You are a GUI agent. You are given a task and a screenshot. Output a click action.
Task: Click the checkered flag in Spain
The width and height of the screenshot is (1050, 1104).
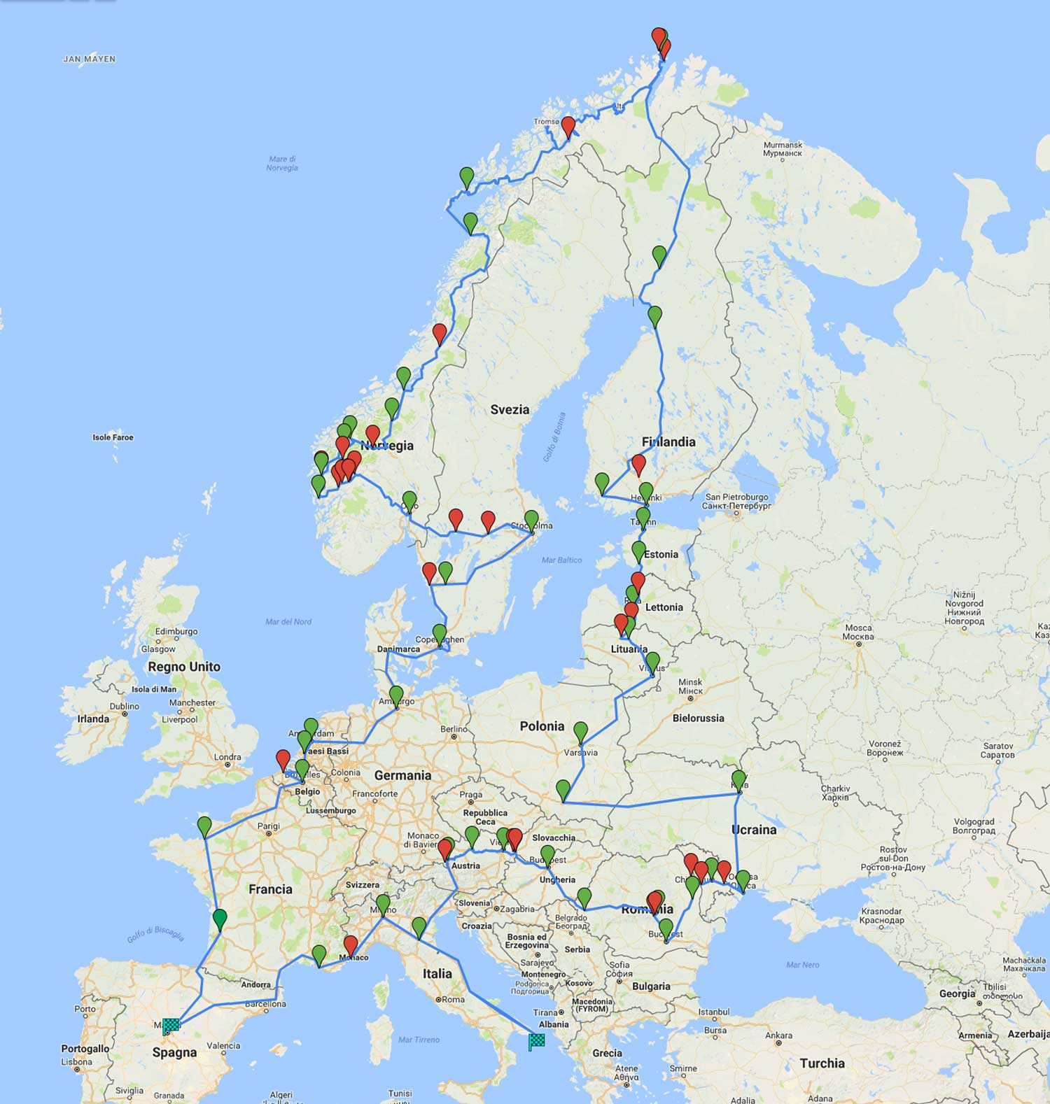coord(171,1026)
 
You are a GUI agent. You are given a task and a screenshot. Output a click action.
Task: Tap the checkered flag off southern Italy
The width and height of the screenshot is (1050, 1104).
coord(536,1042)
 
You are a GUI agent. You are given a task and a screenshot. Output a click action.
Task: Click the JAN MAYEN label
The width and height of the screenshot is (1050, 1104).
coord(90,59)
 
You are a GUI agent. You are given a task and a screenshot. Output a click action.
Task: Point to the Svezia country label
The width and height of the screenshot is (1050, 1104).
coord(510,409)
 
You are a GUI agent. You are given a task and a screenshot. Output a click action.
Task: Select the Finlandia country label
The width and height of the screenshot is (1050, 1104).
coord(668,441)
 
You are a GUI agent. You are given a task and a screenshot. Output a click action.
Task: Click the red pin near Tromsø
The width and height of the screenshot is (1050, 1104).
coord(568,126)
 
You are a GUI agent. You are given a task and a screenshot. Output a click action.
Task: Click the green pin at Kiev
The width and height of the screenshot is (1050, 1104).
coord(738,779)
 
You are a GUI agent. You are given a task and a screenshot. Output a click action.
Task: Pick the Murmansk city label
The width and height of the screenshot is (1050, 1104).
coord(782,148)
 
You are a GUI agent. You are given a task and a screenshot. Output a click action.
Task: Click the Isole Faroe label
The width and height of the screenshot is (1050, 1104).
coord(113,437)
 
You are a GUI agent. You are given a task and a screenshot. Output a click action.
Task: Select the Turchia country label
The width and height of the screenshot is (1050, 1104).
coord(822,1063)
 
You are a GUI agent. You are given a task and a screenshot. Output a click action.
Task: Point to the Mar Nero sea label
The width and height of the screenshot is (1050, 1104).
coord(802,965)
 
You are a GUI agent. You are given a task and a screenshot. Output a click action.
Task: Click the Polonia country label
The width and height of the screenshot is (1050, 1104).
coord(542,726)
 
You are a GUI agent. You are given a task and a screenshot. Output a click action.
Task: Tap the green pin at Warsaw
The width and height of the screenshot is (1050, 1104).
coord(580,732)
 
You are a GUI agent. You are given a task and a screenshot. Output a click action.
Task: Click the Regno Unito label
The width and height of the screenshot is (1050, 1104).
coord(184,667)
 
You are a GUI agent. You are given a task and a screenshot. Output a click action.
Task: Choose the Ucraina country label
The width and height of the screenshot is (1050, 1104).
coord(754,830)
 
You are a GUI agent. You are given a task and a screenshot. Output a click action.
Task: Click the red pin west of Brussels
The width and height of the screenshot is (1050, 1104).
coord(283,759)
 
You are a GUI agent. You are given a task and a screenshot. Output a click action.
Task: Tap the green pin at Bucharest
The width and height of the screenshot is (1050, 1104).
coord(666,928)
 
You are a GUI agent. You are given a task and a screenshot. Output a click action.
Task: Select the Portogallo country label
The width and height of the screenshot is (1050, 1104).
coord(85,1049)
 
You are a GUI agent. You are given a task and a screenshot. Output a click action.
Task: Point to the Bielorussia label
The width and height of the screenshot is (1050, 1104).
coord(698,718)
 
